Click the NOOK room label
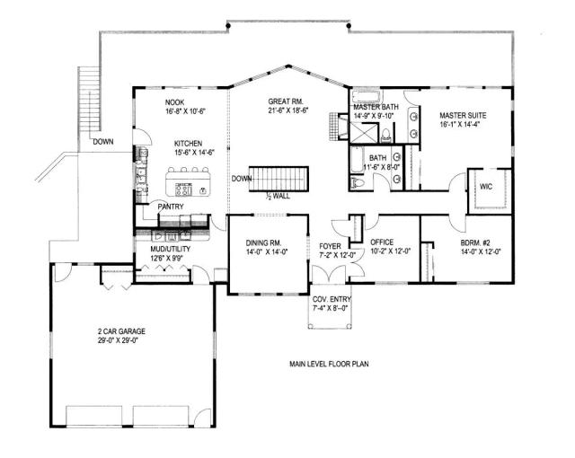(x=174, y=102)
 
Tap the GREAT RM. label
(x=286, y=101)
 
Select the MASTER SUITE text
(x=463, y=116)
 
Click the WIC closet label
(x=486, y=187)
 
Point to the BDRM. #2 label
(x=475, y=242)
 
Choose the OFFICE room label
(x=382, y=242)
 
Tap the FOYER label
(x=330, y=246)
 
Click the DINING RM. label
(x=263, y=242)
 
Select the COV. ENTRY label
(x=332, y=299)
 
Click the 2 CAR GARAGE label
(x=121, y=331)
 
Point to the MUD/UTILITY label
(x=170, y=249)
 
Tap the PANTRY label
(x=171, y=207)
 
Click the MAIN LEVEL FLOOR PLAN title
(x=329, y=365)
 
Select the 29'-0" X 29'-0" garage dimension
(x=118, y=340)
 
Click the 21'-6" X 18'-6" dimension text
(x=287, y=110)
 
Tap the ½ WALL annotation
(x=278, y=196)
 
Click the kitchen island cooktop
(x=183, y=189)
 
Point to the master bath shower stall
(x=364, y=132)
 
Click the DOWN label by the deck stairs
(x=103, y=142)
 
